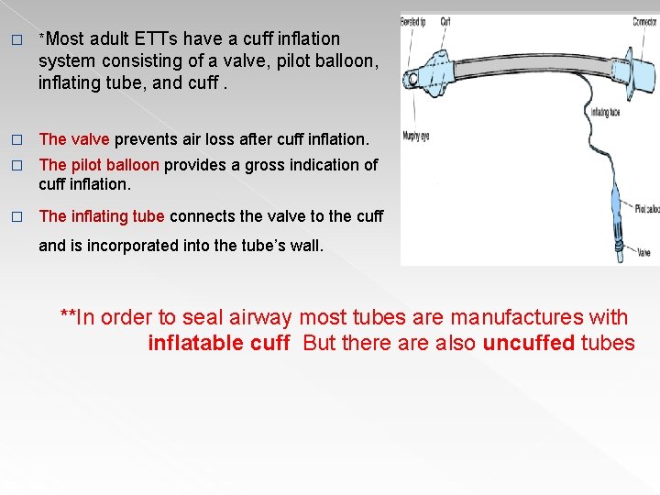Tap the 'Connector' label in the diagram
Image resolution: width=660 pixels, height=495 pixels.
point(643,21)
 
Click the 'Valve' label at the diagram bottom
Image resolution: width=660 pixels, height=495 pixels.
point(643,253)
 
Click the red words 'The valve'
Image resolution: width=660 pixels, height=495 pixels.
point(74,139)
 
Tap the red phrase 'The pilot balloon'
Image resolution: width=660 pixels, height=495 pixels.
point(99,165)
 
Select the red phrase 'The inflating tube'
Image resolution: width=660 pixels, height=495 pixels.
point(102,216)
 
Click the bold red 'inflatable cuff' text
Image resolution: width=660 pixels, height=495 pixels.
point(219,343)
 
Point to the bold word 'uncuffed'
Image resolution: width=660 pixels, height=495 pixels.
point(529,343)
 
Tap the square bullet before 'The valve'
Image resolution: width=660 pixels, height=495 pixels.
point(15,139)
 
